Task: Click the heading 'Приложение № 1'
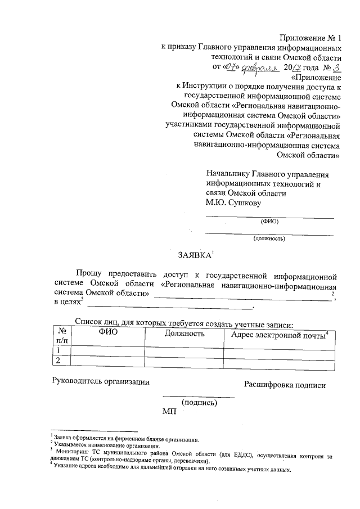310,38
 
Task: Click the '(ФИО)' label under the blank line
269,221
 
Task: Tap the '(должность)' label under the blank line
269,238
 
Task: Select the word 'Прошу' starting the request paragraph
90,276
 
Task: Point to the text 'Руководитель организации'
101,381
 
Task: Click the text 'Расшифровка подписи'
285,385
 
